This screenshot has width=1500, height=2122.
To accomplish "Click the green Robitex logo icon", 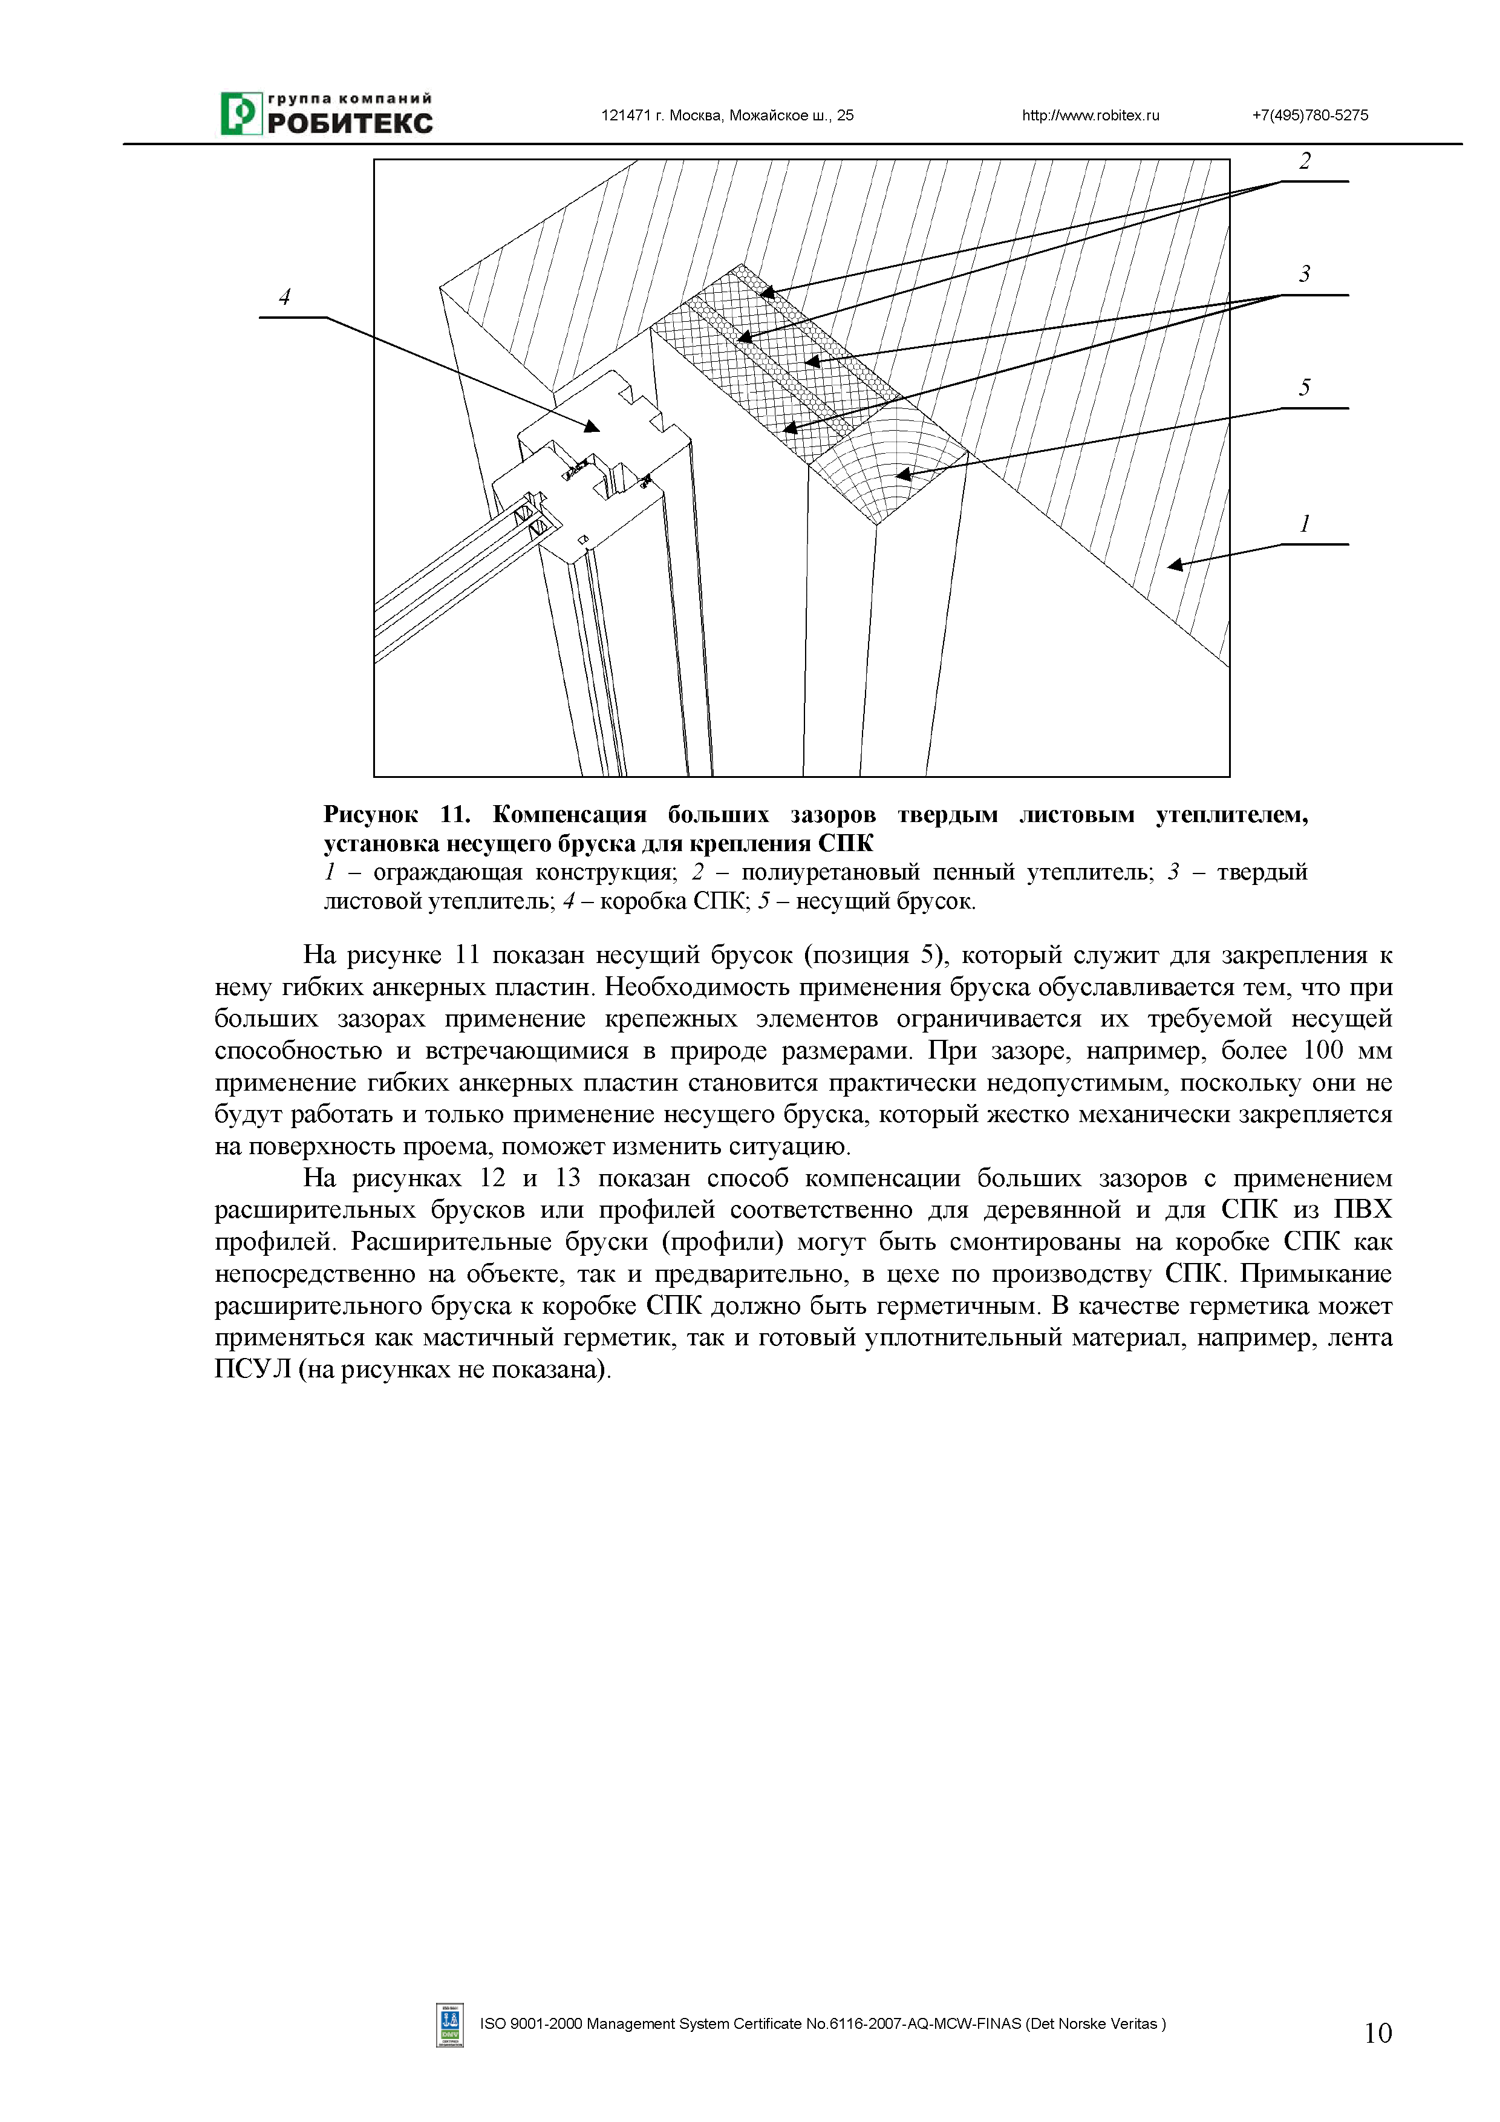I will coord(240,114).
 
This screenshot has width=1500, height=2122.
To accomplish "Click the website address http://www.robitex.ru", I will coord(1090,116).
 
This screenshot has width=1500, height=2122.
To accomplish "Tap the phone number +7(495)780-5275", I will coord(1309,116).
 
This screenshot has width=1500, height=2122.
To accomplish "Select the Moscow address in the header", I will coord(728,116).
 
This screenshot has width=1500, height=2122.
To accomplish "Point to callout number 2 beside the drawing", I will coord(1304,162).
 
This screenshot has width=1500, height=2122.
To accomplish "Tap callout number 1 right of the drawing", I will coord(1304,524).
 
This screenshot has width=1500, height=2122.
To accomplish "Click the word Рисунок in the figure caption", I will coord(370,814).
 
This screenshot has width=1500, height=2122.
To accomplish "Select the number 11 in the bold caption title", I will coord(453,814).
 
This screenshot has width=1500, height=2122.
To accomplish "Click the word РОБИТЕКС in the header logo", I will coord(350,124).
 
